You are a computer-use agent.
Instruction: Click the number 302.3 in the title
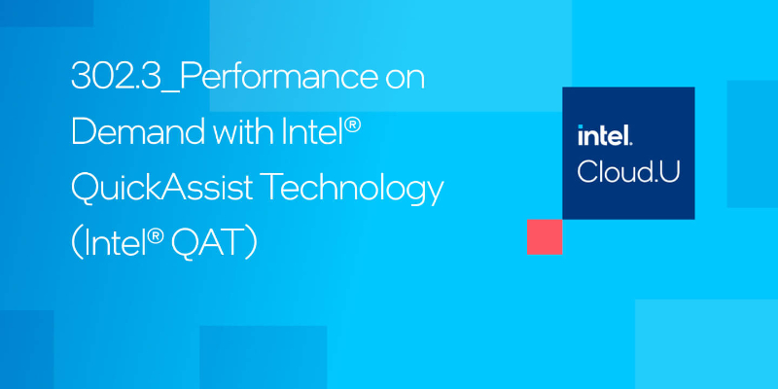(x=108, y=79)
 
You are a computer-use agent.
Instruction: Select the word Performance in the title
(x=271, y=79)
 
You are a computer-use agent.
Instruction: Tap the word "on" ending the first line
(x=405, y=79)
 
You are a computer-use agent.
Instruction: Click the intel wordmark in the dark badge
(x=605, y=136)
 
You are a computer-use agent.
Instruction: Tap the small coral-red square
(x=544, y=236)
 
